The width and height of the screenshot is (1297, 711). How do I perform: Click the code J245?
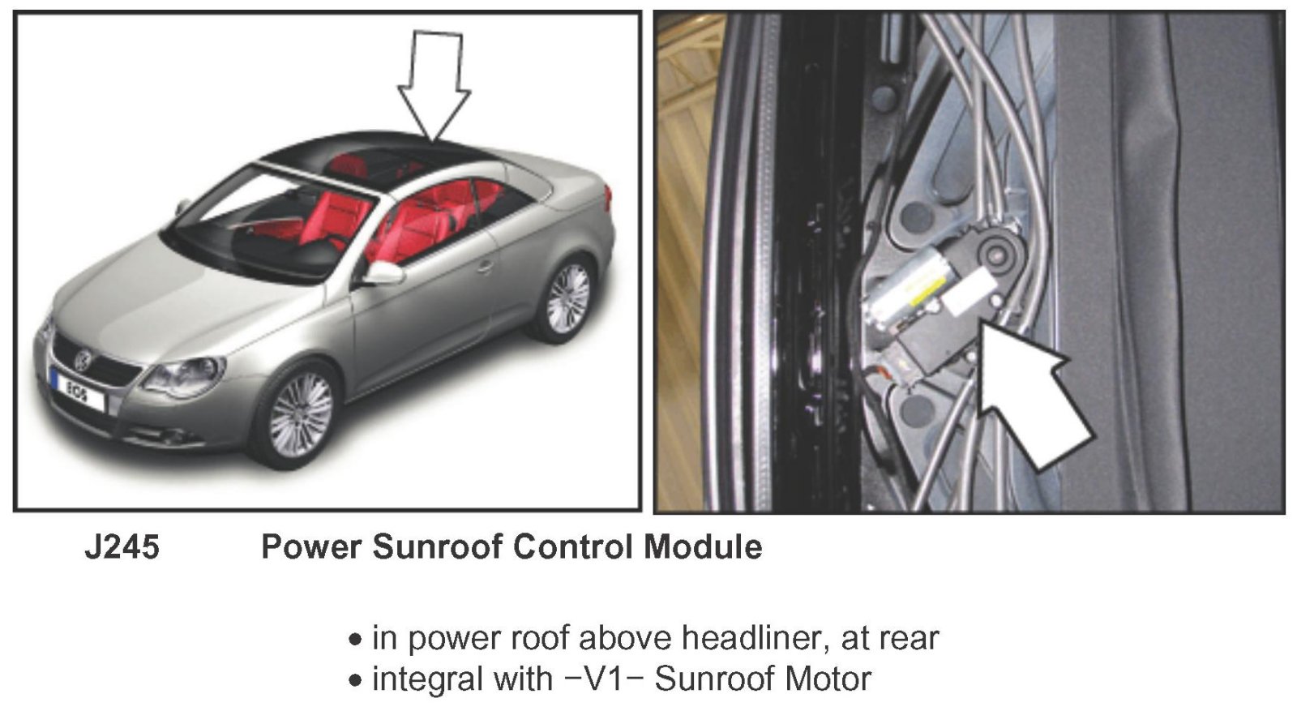pos(122,547)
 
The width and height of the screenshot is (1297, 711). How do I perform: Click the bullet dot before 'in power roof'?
pos(355,640)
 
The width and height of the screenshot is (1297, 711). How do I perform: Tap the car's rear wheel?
pos(567,298)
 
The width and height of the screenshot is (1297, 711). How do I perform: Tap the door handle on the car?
pos(484,265)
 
